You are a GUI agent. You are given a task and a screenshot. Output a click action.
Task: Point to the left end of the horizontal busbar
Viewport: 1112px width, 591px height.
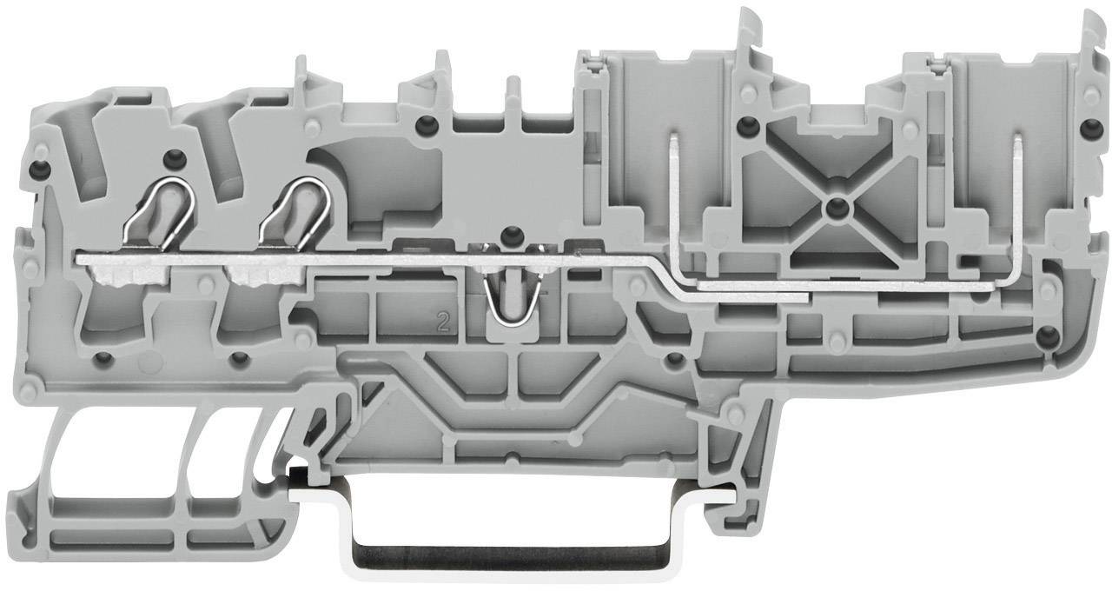coord(83,258)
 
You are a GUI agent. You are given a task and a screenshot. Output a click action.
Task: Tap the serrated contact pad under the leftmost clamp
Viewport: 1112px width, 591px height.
coord(122,277)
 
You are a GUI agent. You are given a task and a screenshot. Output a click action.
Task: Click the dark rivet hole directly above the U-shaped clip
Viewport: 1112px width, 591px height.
coord(513,233)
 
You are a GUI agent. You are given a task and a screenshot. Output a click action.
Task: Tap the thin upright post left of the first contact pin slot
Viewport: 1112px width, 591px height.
coord(513,96)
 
